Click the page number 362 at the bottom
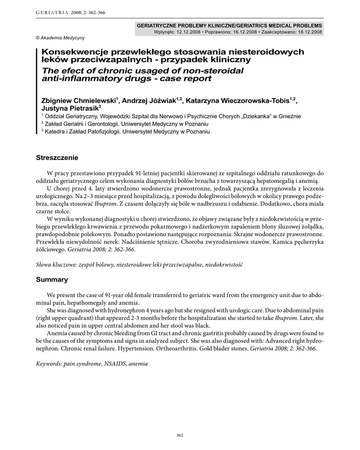tap(179, 435)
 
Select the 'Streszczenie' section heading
tap(57, 158)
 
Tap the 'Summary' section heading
tap(52, 279)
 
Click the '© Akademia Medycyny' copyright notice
tap(60, 38)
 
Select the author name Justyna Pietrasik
tap(70, 108)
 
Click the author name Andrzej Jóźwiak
tap(149, 101)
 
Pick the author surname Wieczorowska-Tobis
tap(252, 101)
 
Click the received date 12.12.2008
tap(188, 32)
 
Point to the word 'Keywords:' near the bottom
tap(49, 363)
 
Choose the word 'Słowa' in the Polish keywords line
tap(44, 265)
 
